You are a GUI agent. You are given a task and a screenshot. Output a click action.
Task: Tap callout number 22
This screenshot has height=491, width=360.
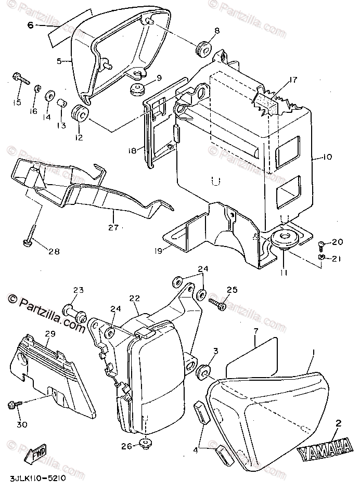tap(135, 298)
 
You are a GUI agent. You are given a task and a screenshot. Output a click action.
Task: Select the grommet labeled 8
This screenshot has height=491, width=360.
tap(203, 49)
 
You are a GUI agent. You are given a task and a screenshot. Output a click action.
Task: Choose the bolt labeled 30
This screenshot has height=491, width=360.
tap(14, 405)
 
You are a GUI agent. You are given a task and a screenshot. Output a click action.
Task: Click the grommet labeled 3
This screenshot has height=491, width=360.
tap(203, 372)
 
